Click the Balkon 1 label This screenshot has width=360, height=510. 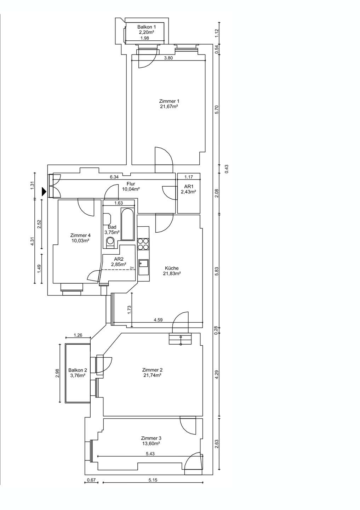147,27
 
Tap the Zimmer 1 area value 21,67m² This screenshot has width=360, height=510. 168,106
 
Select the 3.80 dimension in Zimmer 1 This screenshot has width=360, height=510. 168,58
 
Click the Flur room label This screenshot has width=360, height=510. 131,184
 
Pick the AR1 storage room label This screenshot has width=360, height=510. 189,186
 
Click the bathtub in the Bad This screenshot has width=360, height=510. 127,225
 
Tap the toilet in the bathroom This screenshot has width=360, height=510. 110,242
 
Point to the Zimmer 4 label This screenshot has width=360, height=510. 79,235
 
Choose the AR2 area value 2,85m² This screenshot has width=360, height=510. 119,264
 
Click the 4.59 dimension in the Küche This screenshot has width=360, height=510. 158,320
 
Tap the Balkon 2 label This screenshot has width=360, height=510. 78,370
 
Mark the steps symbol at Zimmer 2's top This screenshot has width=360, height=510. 181,339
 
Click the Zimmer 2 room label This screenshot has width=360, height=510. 152,370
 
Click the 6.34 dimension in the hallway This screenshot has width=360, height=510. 114,177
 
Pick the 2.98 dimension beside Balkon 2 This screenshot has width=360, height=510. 57,373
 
